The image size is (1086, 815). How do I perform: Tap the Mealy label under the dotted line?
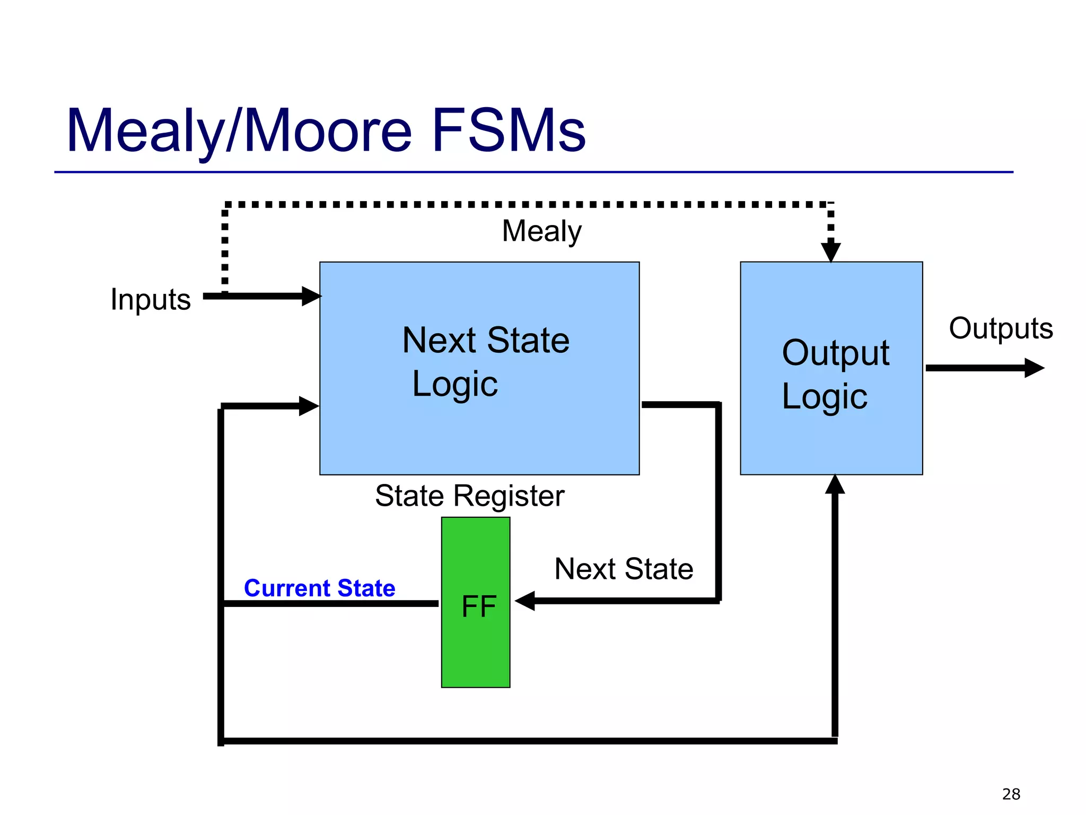(x=541, y=231)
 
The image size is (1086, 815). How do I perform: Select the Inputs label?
(x=151, y=299)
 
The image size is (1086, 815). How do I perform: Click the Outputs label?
(x=1000, y=328)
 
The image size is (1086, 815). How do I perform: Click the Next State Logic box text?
(x=485, y=362)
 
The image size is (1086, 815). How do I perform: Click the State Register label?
(x=469, y=496)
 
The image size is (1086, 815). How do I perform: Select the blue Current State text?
(x=319, y=588)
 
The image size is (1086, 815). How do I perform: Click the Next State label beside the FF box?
(x=624, y=569)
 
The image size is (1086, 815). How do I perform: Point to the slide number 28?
(x=1011, y=794)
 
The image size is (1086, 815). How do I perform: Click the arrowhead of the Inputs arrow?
(x=311, y=296)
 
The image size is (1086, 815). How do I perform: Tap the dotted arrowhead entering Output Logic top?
(x=830, y=252)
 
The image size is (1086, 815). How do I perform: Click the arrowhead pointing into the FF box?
(x=525, y=601)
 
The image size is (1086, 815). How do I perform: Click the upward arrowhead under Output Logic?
(x=835, y=484)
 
